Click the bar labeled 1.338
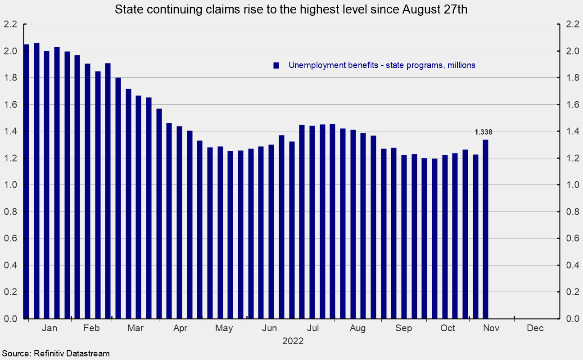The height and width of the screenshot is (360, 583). [485, 229]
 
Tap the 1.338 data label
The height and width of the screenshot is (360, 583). [484, 132]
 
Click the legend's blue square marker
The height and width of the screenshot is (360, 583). [276, 65]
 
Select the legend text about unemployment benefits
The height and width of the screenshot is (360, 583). [382, 65]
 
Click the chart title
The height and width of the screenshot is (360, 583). [291, 10]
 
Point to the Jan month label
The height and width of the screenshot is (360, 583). [50, 328]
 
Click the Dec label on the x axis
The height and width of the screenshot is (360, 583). [535, 328]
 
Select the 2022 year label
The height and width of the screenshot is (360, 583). [293, 341]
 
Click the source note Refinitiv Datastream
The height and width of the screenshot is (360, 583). [55, 353]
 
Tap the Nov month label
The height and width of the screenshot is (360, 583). [491, 328]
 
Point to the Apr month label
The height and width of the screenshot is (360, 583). [180, 328]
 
